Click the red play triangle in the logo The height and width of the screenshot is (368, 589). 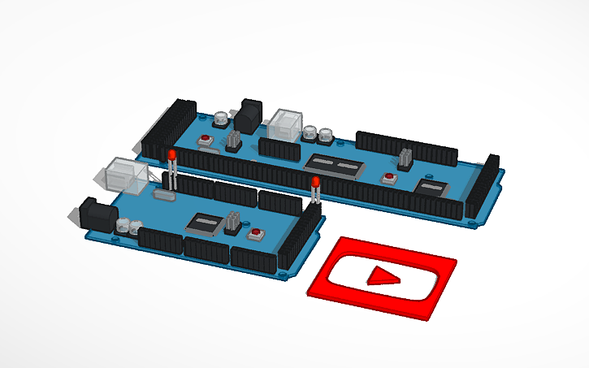[x=383, y=278]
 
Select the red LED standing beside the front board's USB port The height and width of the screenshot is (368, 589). [x=171, y=156]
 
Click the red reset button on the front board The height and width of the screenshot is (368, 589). [x=258, y=234]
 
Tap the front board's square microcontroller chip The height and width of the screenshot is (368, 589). [x=205, y=223]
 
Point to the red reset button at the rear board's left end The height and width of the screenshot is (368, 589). [x=204, y=141]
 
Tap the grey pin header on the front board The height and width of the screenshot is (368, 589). [x=235, y=221]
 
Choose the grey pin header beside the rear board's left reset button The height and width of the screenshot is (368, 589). [x=233, y=140]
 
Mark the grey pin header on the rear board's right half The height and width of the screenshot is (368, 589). [x=405, y=158]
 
